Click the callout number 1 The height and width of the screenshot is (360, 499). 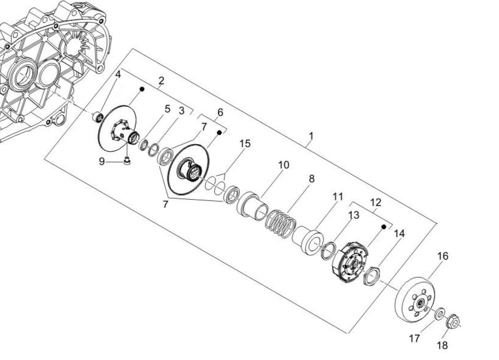311,136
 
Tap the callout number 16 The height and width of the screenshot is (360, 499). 443,256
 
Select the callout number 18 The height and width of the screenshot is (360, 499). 442,346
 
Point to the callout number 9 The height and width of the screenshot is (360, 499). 102,161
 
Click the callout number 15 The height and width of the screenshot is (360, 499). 245,143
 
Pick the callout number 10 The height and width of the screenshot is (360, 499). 284,165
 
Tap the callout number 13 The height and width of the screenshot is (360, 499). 354,215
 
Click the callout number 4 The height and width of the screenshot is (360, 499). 118,74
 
